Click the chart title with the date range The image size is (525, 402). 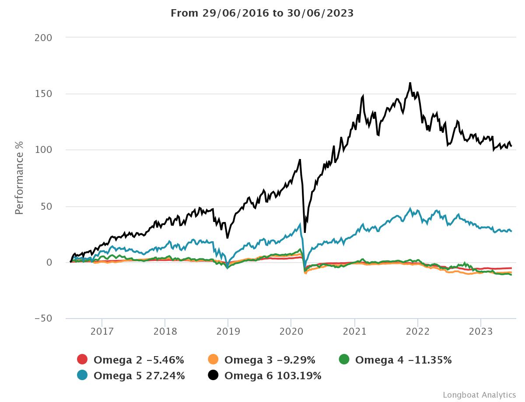pos(262,13)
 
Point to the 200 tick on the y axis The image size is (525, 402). pos(43,38)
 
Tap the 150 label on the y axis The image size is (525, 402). pos(43,94)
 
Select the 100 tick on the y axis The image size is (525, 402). pos(43,150)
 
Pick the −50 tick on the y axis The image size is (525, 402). pos(43,319)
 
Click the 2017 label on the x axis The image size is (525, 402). pos(101,332)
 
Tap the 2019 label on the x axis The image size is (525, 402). pos(228,332)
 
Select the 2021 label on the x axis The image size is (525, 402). pos(354,332)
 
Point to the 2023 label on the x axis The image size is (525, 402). pos(481,332)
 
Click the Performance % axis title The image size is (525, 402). pos(19,178)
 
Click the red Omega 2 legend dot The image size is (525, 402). pos(83,360)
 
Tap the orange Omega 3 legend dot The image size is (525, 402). pos(213,360)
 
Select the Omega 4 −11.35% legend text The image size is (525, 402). pos(403,360)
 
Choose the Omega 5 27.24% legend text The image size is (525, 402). pos(139,375)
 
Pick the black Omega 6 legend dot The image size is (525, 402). pos(213,375)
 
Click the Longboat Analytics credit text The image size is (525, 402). pos(479,395)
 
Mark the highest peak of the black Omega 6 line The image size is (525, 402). pos(410,83)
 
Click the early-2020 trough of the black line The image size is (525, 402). pos(304,232)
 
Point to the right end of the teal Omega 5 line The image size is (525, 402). pos(511,231)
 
